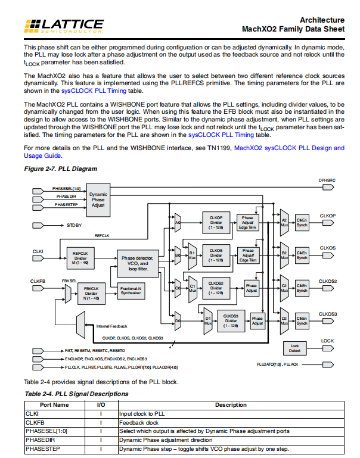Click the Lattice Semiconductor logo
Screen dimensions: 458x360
pyautogui.click(x=64, y=25)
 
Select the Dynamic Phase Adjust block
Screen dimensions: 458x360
pyautogui.click(x=98, y=199)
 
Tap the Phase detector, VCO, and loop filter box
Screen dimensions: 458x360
pyautogui.click(x=138, y=262)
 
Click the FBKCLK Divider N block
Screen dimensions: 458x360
pyautogui.click(x=91, y=293)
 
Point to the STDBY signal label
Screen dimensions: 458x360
pyautogui.click(x=75, y=226)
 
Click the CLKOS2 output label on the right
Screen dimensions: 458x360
pyautogui.click(x=328, y=281)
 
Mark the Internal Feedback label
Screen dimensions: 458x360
pyautogui.click(x=111, y=326)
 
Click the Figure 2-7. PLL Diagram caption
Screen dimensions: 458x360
pyautogui.click(x=60, y=169)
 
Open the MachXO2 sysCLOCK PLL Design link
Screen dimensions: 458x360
pyautogui.click(x=289, y=148)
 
